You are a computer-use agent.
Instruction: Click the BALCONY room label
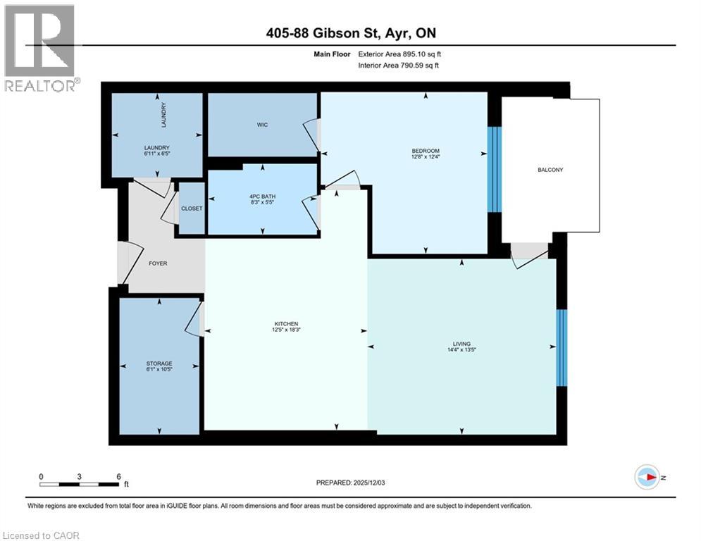pyautogui.click(x=550, y=170)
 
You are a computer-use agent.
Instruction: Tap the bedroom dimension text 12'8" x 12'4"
pyautogui.click(x=426, y=157)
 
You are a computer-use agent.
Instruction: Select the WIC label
pyautogui.click(x=262, y=125)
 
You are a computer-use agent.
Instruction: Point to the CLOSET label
pyautogui.click(x=192, y=209)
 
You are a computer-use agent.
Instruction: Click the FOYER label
pyautogui.click(x=157, y=263)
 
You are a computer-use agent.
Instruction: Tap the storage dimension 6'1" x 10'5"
pyautogui.click(x=159, y=369)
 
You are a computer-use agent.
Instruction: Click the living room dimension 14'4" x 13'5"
pyautogui.click(x=461, y=349)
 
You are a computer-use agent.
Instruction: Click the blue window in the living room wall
pyautogui.click(x=562, y=348)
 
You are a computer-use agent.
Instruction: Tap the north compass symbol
pyautogui.click(x=646, y=477)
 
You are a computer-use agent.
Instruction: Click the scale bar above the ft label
pyautogui.click(x=80, y=483)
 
